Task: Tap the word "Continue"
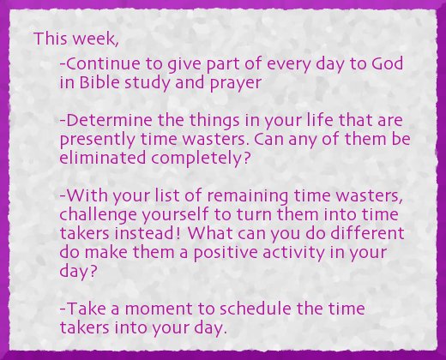tap(103, 63)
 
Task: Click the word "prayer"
tap(236, 83)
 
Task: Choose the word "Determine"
tap(109, 120)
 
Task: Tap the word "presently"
tap(97, 140)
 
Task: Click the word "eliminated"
tap(103, 158)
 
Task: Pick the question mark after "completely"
tap(246, 158)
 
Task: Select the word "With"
tap(87, 195)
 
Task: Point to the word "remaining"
tap(248, 196)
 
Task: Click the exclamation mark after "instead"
tap(178, 232)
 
